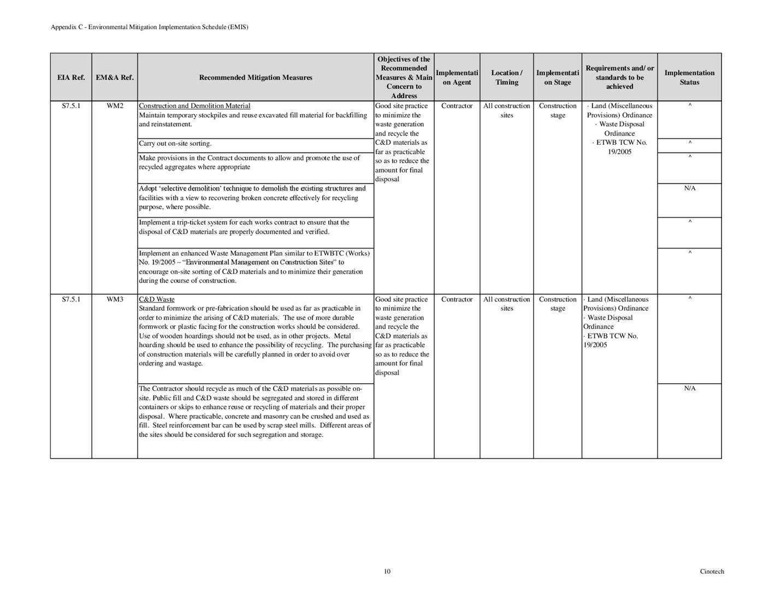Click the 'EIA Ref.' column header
pyautogui.click(x=71, y=78)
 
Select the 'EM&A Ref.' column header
pyautogui.click(x=115, y=78)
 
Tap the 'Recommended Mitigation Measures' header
pyautogui.click(x=256, y=78)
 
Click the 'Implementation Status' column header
pyautogui.click(x=689, y=78)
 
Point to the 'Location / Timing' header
pyautogui.click(x=506, y=78)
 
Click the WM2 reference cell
pyautogui.click(x=115, y=106)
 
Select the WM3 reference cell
pyautogui.click(x=115, y=299)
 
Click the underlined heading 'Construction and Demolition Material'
pyautogui.click(x=194, y=106)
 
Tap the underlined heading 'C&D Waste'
pyautogui.click(x=157, y=299)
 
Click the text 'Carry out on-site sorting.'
pyautogui.click(x=175, y=144)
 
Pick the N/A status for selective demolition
pyautogui.click(x=690, y=188)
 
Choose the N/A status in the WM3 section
pyautogui.click(x=690, y=388)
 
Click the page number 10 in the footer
pyautogui.click(x=387, y=572)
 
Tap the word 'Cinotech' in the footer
pyautogui.click(x=712, y=572)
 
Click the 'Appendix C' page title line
pyautogui.click(x=150, y=27)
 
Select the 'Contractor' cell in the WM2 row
pyautogui.click(x=457, y=106)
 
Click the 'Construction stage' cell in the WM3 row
pyautogui.click(x=558, y=304)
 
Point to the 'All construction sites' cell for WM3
pyautogui.click(x=506, y=304)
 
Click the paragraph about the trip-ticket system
pyautogui.click(x=244, y=227)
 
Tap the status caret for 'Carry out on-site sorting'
pyautogui.click(x=690, y=143)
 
